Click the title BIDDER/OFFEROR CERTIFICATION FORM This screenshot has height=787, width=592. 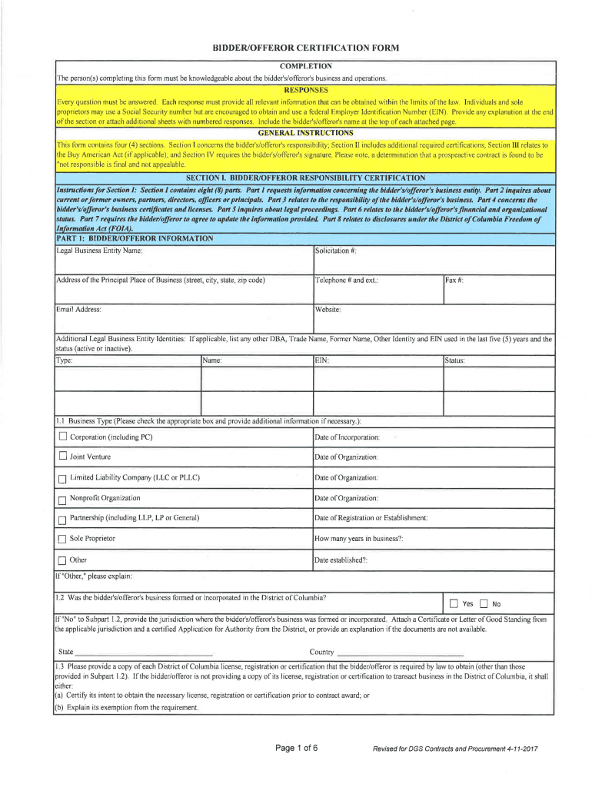(x=306, y=48)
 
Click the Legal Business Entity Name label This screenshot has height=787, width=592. (x=99, y=251)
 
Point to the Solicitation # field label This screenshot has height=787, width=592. (x=336, y=251)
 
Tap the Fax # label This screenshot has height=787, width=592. (x=454, y=281)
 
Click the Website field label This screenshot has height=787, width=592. (x=328, y=310)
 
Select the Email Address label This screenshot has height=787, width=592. (x=79, y=310)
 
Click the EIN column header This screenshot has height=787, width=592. (x=322, y=360)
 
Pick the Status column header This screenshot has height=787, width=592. (x=455, y=360)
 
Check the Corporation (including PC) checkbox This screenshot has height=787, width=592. (x=63, y=437)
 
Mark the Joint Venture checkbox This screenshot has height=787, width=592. (x=63, y=457)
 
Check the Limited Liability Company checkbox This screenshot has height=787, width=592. (x=63, y=478)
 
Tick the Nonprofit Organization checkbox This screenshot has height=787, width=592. (x=63, y=499)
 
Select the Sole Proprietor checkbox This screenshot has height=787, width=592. (x=63, y=540)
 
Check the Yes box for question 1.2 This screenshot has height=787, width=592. (x=454, y=603)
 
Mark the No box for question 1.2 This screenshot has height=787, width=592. (x=484, y=603)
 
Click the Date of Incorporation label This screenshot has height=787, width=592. (x=347, y=437)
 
